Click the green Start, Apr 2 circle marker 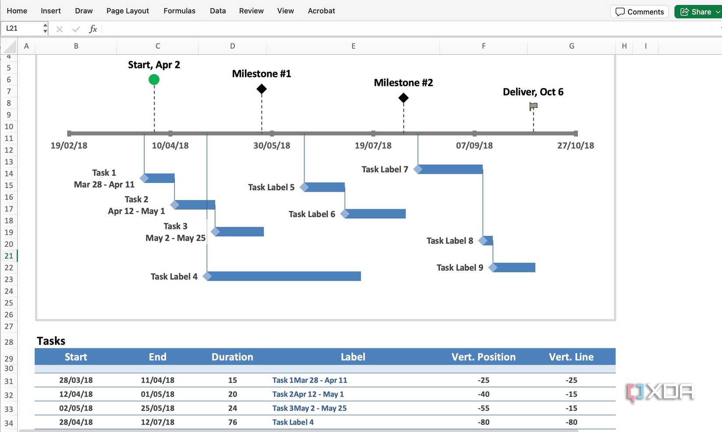pyautogui.click(x=154, y=80)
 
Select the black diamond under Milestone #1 pyautogui.click(x=262, y=89)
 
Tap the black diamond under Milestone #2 pyautogui.click(x=403, y=98)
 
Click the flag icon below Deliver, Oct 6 pyautogui.click(x=533, y=106)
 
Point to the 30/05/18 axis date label pyautogui.click(x=272, y=146)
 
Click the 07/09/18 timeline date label pyautogui.click(x=474, y=146)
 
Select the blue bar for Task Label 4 pyautogui.click(x=284, y=276)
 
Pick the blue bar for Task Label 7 pyautogui.click(x=451, y=169)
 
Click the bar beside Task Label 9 pyautogui.click(x=515, y=267)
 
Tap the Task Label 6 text pyautogui.click(x=312, y=214)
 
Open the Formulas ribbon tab pyautogui.click(x=179, y=11)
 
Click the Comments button pyautogui.click(x=639, y=12)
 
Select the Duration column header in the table pyautogui.click(x=232, y=357)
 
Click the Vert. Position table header pyautogui.click(x=484, y=357)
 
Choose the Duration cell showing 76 pyautogui.click(x=232, y=422)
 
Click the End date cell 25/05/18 pyautogui.click(x=158, y=408)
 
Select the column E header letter pyautogui.click(x=353, y=46)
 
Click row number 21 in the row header pyautogui.click(x=9, y=256)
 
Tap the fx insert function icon pyautogui.click(x=93, y=29)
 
